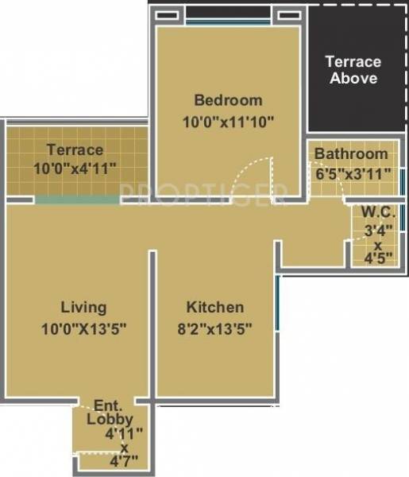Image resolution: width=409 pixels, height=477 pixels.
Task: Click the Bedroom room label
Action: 228,101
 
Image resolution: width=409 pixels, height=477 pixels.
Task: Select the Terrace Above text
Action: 353,70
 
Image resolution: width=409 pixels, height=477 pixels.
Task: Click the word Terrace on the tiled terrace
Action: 75,149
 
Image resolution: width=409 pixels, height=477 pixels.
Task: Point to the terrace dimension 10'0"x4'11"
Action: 75,168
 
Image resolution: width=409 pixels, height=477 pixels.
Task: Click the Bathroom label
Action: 351,153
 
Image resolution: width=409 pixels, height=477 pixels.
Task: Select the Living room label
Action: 83,307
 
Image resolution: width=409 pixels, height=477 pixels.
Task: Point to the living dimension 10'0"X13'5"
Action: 83,328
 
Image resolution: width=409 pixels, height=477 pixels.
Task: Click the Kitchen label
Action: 215,307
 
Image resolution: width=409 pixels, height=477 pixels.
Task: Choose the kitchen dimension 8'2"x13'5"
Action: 215,328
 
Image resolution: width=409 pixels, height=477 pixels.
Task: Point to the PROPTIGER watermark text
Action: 203,192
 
